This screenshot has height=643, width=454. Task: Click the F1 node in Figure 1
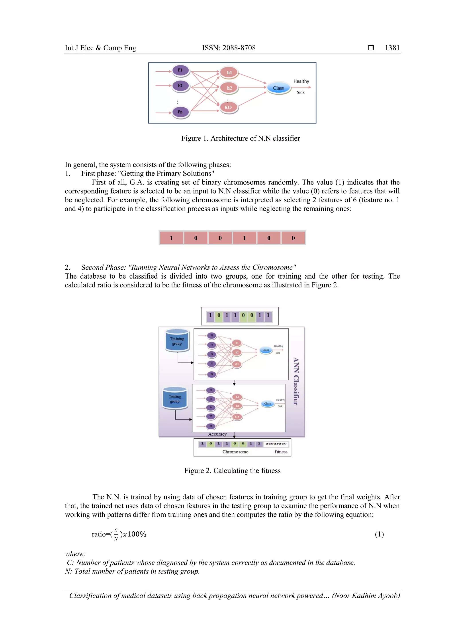point(180,70)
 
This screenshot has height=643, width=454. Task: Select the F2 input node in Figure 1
point(180,86)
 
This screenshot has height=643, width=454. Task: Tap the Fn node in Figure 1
point(180,112)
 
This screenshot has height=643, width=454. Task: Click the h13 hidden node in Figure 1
point(229,107)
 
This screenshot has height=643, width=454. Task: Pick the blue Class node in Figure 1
point(278,88)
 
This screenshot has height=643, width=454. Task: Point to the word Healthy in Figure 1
point(301,81)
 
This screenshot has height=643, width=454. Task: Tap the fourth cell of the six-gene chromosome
point(244,238)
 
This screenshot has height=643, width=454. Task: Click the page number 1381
point(392,48)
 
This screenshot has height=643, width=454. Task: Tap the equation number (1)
point(379,534)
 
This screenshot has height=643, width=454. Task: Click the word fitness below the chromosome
point(281,452)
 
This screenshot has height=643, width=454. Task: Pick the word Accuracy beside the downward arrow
point(217,434)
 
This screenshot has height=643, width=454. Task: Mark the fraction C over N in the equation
point(116,534)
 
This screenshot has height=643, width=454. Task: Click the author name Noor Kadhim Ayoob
point(365,596)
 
